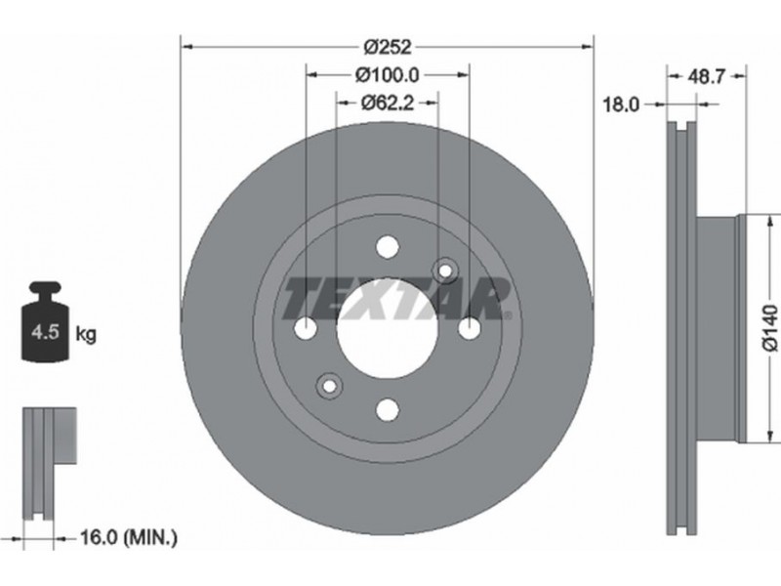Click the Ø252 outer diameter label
pos(388,47)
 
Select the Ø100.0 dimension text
pos(387,75)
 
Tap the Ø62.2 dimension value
pos(387,103)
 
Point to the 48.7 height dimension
pos(705,77)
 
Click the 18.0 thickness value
pos(621,105)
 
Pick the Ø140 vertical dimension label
pos(769,328)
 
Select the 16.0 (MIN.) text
pos(128,537)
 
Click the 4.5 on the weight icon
pos(45,331)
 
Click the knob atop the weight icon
pos(46,288)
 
